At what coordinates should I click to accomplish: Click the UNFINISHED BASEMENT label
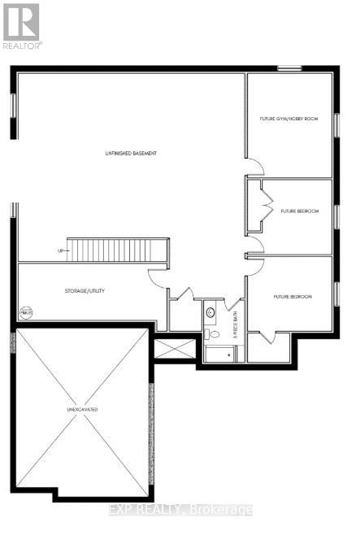[130, 153]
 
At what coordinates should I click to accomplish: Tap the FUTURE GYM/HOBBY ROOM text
[288, 119]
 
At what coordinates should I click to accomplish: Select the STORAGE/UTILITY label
[85, 290]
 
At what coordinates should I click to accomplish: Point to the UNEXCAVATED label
[82, 409]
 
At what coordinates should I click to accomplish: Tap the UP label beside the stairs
[60, 250]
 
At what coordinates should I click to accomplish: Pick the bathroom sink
[210, 311]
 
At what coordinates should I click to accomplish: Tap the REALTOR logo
[22, 24]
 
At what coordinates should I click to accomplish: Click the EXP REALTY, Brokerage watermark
[180, 510]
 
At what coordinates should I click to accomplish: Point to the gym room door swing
[256, 166]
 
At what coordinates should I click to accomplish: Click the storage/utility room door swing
[157, 277]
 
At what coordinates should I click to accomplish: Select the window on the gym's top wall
[289, 68]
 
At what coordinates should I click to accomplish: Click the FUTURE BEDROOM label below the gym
[297, 211]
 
